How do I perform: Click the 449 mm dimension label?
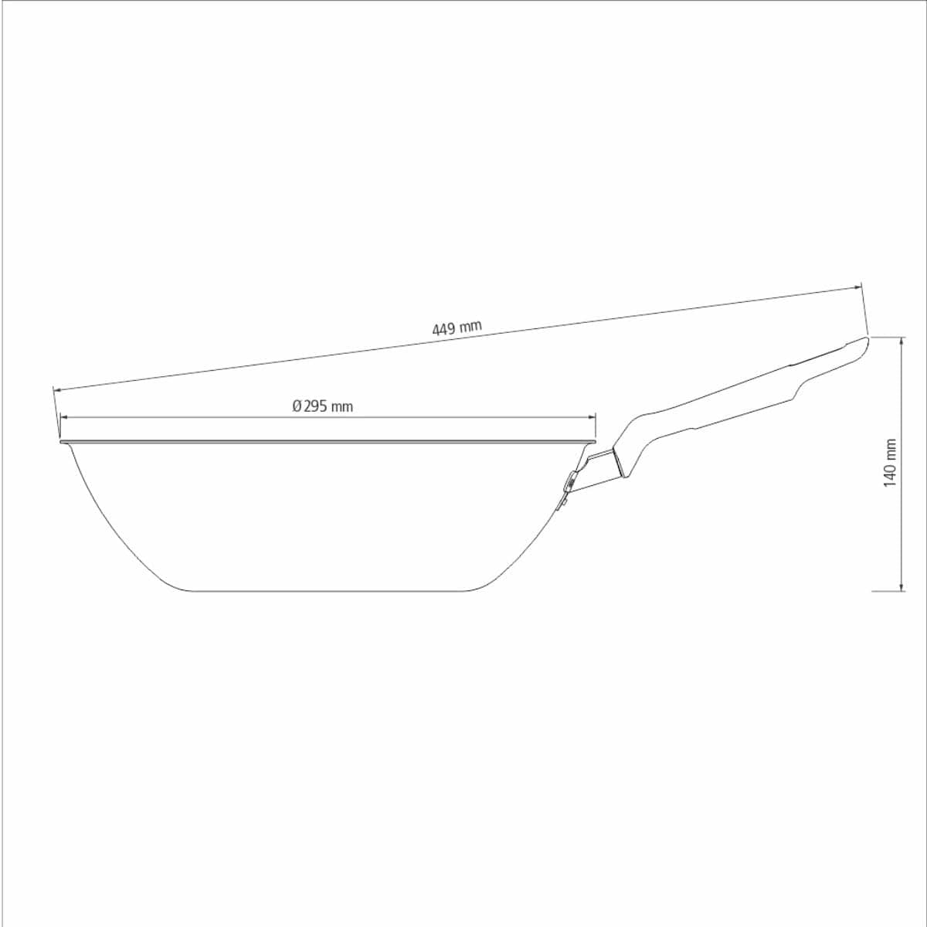coord(457,328)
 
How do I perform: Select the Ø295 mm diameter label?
coord(323,406)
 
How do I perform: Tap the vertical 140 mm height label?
coord(890,463)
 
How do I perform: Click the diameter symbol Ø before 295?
coord(297,406)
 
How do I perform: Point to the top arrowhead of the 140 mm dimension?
coord(902,341)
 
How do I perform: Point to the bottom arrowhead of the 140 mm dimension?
coord(902,587)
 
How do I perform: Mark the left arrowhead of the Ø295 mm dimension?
coord(64,417)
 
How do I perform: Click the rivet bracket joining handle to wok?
coord(569,484)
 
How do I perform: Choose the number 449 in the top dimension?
coord(443,329)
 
